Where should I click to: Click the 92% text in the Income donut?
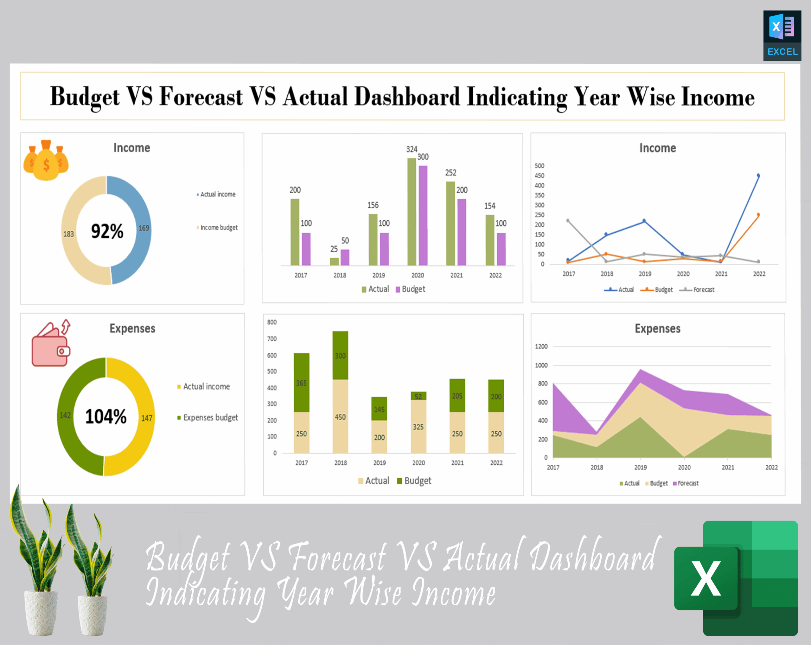(x=107, y=231)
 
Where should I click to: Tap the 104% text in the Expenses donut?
(x=106, y=416)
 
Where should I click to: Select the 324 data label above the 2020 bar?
(x=412, y=149)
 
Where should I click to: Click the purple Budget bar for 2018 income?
(x=345, y=257)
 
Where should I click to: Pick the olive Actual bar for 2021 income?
(x=450, y=223)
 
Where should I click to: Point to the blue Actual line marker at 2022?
(x=758, y=176)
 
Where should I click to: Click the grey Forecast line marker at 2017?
(x=568, y=221)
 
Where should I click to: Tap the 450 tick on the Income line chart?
(x=539, y=176)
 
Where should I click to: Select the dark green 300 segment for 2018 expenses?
(x=340, y=355)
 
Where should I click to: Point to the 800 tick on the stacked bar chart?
(x=271, y=322)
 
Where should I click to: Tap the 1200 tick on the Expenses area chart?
(x=541, y=346)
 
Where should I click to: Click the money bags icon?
(x=46, y=161)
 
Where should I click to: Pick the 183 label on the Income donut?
(x=68, y=234)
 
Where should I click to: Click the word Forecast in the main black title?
(x=201, y=96)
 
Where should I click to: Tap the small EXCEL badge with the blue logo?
(x=782, y=35)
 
